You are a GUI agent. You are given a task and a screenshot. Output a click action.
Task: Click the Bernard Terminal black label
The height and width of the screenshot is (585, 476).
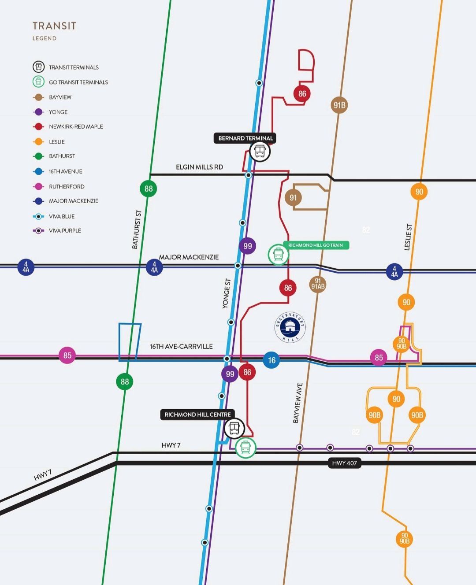(245, 138)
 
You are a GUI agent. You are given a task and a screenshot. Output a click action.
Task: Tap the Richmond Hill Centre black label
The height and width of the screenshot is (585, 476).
(197, 415)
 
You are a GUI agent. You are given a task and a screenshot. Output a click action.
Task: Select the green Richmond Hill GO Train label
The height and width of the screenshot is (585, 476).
(316, 245)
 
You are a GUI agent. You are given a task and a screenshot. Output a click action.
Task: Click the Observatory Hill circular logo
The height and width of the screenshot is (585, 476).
(290, 327)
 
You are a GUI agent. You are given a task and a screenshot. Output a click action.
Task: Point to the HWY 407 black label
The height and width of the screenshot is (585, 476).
(344, 463)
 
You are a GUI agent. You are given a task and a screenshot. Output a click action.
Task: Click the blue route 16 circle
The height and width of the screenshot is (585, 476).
(271, 360)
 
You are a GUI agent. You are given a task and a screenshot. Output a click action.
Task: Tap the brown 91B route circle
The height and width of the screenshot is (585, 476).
(339, 105)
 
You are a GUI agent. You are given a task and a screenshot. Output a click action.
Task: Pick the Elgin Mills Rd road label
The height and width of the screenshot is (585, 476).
(199, 167)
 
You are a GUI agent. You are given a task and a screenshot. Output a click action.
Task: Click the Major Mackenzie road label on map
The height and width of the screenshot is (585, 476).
(189, 257)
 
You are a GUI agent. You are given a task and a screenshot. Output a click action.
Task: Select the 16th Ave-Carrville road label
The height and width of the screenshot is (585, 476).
(181, 346)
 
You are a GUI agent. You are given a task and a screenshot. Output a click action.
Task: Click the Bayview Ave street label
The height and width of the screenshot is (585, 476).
(298, 403)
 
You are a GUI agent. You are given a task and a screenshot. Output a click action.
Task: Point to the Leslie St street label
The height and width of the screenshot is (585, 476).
(408, 237)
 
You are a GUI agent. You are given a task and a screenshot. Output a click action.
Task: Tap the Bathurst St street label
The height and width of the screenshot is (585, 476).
(137, 229)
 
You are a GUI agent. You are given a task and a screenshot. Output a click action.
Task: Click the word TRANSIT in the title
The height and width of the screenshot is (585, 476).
(54, 26)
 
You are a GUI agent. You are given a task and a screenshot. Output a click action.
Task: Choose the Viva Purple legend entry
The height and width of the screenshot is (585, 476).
(65, 230)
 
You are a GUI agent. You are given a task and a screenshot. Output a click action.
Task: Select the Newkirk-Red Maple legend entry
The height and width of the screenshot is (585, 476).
(76, 126)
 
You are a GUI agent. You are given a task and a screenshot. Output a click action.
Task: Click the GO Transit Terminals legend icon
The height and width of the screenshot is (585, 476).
(39, 82)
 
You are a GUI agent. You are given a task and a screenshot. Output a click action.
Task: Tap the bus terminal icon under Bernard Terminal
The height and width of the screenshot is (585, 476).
(260, 152)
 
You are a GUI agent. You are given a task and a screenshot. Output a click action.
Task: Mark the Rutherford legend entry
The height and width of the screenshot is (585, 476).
(67, 186)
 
